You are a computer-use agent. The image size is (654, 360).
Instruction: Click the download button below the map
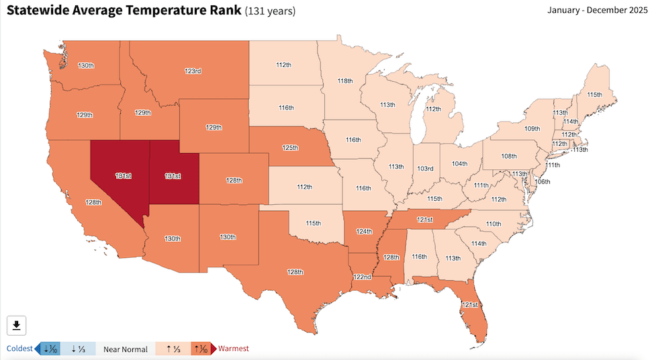click(x=16, y=326)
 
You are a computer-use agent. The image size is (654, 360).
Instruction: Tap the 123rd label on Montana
click(x=193, y=71)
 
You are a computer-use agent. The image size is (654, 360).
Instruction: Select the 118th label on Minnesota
click(x=345, y=81)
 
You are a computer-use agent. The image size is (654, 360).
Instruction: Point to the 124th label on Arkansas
click(x=364, y=232)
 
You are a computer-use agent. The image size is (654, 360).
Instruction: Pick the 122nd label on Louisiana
click(x=363, y=277)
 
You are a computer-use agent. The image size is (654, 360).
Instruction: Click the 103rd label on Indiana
click(x=424, y=168)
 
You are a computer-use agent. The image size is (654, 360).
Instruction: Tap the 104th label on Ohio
click(x=459, y=164)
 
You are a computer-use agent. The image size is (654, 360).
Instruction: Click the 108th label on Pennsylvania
click(x=509, y=156)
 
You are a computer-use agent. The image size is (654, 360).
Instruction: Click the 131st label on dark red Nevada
click(x=123, y=176)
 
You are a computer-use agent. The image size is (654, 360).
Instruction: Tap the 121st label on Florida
click(x=470, y=305)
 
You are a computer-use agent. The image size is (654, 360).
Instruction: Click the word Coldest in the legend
click(x=19, y=349)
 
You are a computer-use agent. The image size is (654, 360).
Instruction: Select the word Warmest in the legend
click(x=233, y=349)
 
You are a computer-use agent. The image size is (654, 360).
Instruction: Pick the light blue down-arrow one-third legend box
click(x=78, y=349)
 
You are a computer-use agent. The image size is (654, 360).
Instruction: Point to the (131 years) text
click(x=269, y=11)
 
